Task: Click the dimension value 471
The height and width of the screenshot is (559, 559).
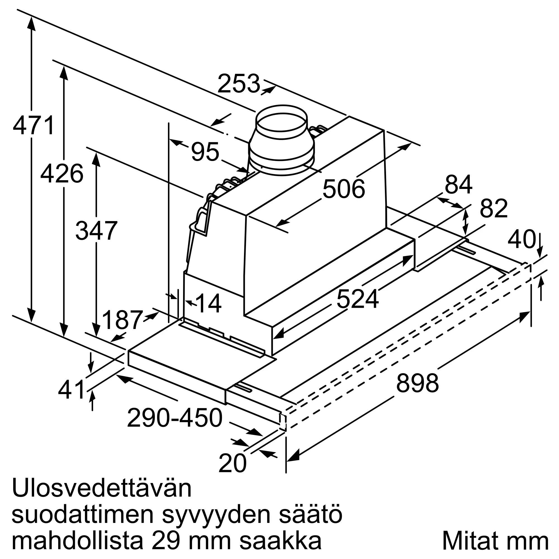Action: tap(34, 125)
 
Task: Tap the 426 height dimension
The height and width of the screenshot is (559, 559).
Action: tap(62, 174)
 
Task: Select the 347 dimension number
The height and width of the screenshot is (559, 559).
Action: tap(96, 231)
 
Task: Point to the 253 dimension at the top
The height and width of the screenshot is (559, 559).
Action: tap(239, 84)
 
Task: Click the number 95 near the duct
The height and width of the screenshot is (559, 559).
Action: tap(205, 151)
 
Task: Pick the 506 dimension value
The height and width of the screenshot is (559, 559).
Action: tap(344, 189)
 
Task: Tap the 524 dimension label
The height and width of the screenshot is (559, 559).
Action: tap(358, 299)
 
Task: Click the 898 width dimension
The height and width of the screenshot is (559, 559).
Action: tap(417, 383)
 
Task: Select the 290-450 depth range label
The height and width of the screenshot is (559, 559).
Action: tap(174, 418)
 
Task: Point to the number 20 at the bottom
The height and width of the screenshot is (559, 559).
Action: tap(232, 463)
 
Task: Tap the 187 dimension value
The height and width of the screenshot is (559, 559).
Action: tap(123, 320)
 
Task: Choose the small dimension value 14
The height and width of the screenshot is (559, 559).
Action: tap(209, 304)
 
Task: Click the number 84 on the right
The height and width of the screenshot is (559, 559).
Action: tap(459, 184)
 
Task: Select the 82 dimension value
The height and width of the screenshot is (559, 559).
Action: tap(494, 208)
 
